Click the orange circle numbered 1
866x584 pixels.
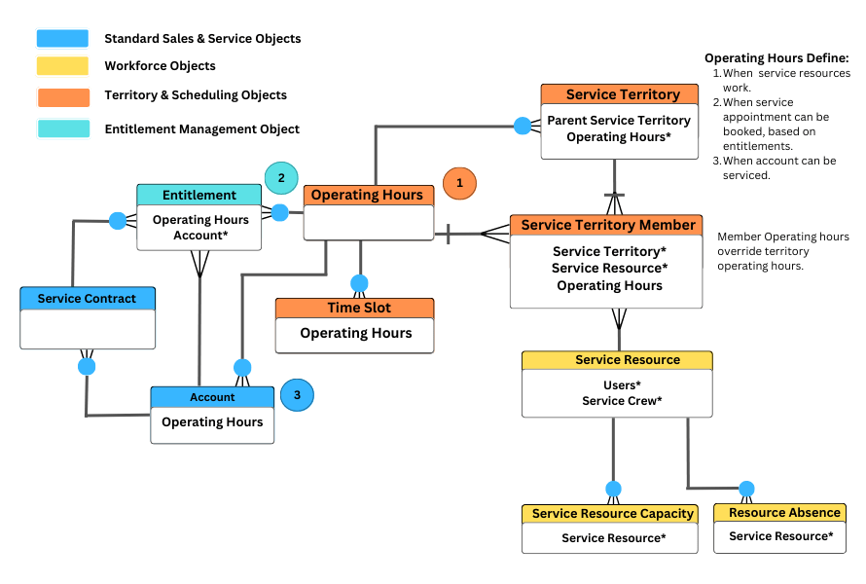459,182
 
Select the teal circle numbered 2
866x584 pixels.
281,178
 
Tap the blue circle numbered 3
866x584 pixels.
297,395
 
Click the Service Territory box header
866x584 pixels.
620,94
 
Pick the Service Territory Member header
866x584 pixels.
607,225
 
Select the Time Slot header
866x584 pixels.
354,308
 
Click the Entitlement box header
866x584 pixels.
198,195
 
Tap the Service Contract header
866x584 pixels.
88,298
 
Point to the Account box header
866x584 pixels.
212,396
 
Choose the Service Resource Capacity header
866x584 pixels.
610,513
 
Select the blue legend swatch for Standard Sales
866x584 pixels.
62,39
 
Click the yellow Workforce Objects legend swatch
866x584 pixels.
62,66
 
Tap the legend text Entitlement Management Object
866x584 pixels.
201,128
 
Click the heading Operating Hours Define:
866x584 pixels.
776,58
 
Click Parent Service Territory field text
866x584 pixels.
619,121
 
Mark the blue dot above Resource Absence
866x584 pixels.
746,489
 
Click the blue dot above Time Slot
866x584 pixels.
359,283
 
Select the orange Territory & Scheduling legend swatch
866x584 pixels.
62,95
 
